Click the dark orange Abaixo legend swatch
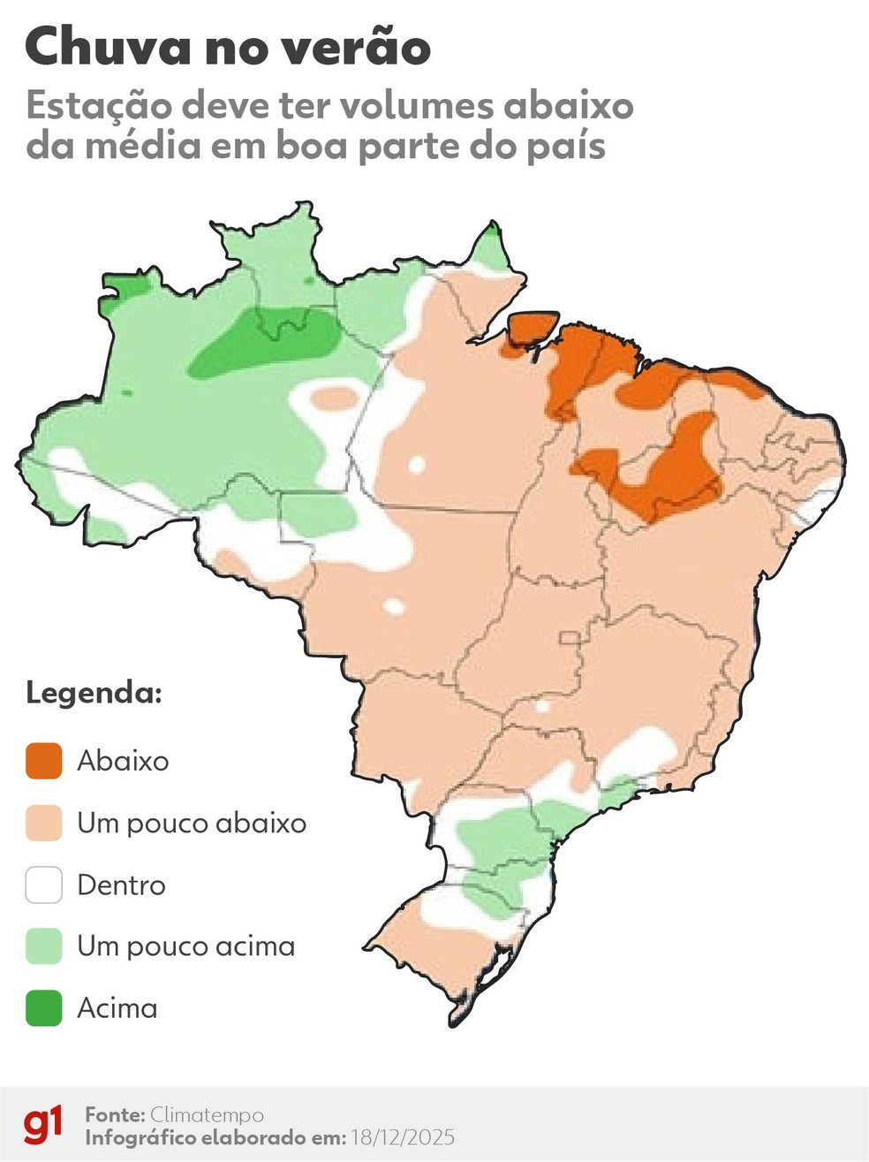pos(43,761)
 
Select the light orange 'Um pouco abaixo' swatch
pos(43,823)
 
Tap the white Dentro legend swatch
pos(43,885)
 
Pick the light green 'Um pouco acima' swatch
pos(43,946)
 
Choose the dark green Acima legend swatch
pos(43,1008)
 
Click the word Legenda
pos(94,692)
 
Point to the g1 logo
pos(43,1124)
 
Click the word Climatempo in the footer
pos(207,1114)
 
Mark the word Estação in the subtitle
pos(98,106)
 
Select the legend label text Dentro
pos(121,885)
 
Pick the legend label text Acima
pos(117,1008)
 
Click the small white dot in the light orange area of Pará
pos(417,465)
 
